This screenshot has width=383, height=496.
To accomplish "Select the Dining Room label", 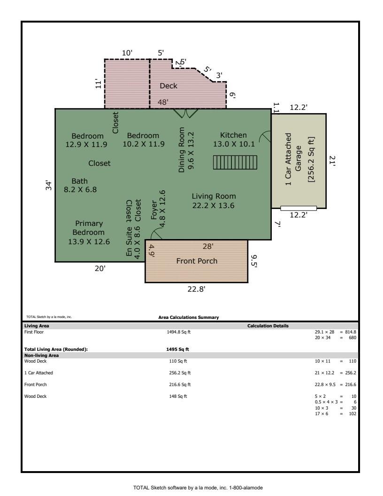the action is (x=186, y=150).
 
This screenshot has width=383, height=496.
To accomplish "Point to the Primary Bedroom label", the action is (x=89, y=232).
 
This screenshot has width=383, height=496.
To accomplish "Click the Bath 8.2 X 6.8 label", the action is (x=80, y=186).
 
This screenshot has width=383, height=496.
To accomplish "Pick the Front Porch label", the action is (x=197, y=261).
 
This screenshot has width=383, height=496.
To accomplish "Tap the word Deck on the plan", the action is (x=169, y=86).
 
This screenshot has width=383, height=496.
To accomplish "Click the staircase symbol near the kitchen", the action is (x=235, y=162).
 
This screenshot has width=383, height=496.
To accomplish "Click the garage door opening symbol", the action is (x=299, y=208).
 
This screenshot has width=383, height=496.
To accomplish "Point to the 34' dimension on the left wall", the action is (x=48, y=186).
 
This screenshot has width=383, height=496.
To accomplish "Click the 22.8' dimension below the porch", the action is (x=196, y=289).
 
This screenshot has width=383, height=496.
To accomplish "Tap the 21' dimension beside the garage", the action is (x=332, y=161).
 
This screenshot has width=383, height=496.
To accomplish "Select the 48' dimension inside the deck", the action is (x=163, y=102).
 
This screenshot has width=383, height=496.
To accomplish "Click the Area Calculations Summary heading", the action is (x=188, y=317).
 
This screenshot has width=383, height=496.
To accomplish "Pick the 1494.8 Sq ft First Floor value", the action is (x=178, y=332).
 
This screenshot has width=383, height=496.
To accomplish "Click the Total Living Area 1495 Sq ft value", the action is (x=177, y=349).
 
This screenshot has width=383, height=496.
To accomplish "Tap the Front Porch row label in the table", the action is (x=35, y=385).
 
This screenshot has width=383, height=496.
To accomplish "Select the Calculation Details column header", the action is (x=268, y=326).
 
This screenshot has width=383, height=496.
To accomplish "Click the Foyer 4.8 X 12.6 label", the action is (x=158, y=209).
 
